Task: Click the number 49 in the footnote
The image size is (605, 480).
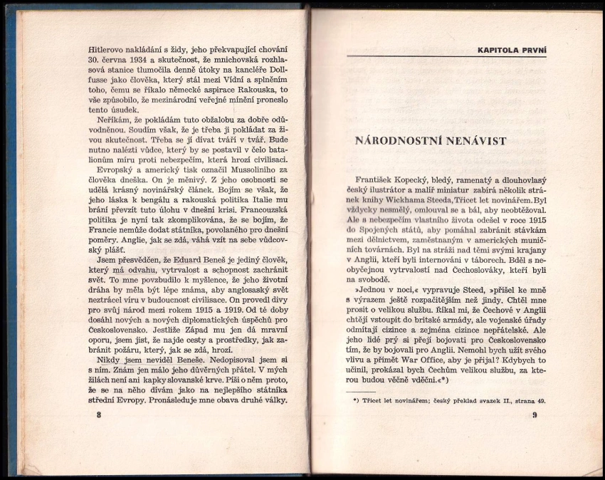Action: click(x=542, y=400)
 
